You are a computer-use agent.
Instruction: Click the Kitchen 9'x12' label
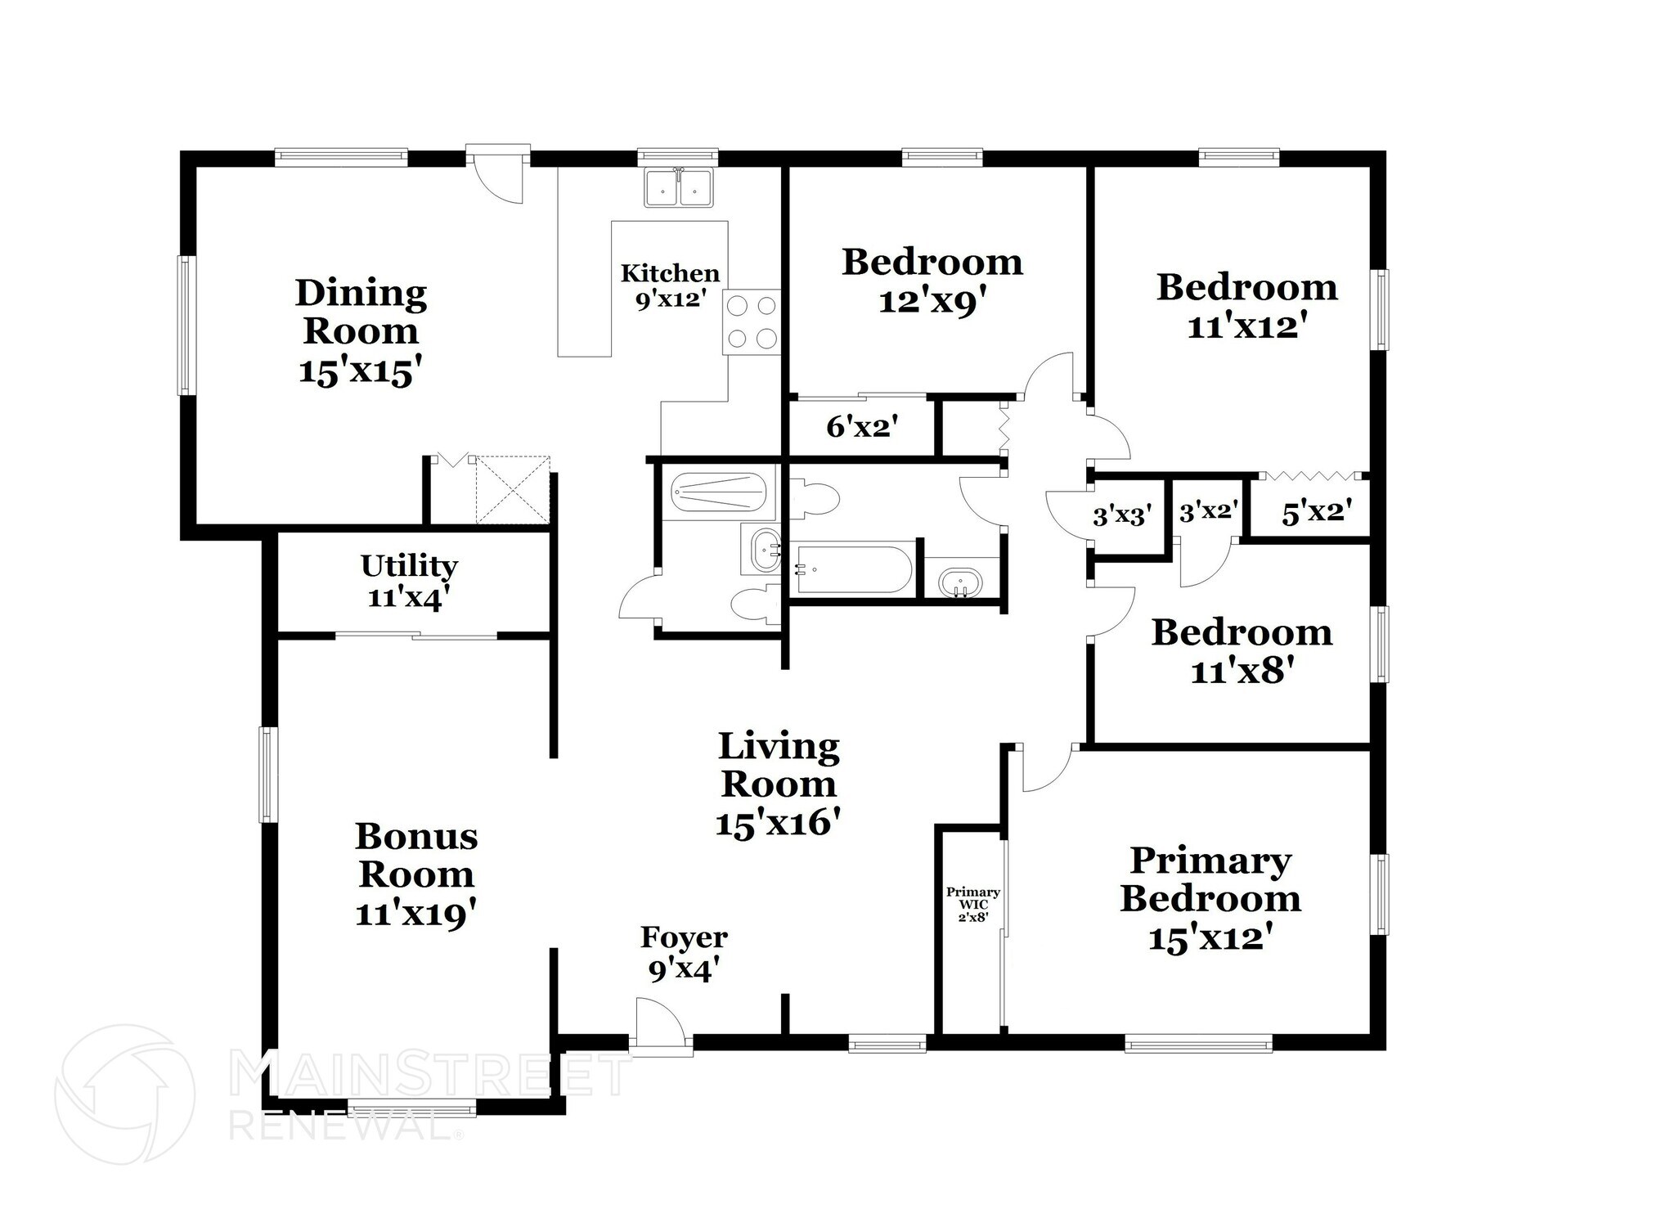click(x=670, y=285)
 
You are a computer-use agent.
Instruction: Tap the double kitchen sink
click(x=678, y=187)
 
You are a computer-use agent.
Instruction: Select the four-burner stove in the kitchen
click(x=751, y=321)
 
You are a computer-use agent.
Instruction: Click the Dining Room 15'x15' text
click(x=361, y=331)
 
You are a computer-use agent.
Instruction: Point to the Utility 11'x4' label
click(x=409, y=581)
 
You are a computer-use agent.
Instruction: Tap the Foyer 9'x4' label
click(x=684, y=953)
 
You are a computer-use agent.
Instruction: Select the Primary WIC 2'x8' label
click(x=972, y=905)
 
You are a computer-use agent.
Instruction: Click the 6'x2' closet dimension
click(x=862, y=426)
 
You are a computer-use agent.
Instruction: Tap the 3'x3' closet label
click(x=1122, y=515)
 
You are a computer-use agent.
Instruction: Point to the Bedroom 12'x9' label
click(x=932, y=281)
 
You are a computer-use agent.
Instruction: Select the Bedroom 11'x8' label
click(x=1242, y=651)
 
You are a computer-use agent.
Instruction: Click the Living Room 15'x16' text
click(x=778, y=784)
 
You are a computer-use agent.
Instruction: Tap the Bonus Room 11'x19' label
click(x=416, y=874)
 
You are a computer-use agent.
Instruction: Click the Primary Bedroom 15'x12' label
click(x=1210, y=898)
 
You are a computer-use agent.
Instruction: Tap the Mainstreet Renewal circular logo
click(x=124, y=1094)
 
